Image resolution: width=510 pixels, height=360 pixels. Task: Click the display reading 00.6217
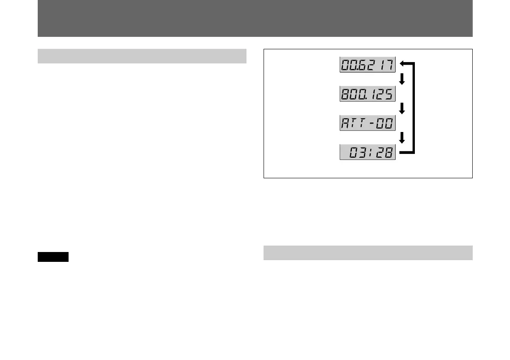(367, 65)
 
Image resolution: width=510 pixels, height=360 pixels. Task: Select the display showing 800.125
(367, 94)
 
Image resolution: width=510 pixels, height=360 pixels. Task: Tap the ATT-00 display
(367, 123)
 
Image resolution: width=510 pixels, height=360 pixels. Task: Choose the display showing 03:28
(367, 153)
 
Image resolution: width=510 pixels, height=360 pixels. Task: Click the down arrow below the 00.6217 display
(402, 79)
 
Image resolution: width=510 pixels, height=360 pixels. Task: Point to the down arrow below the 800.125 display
(402, 108)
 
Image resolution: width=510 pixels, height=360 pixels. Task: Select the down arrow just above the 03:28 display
(402, 138)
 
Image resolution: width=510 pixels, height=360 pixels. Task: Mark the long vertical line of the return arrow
(414, 108)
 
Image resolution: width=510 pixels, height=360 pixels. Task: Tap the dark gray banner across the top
(255, 18)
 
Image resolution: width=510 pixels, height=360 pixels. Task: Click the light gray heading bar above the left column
(142, 56)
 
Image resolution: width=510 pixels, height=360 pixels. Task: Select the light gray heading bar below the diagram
(368, 253)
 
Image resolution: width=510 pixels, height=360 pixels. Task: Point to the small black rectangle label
(53, 257)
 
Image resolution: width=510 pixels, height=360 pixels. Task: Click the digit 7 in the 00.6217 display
(389, 65)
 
